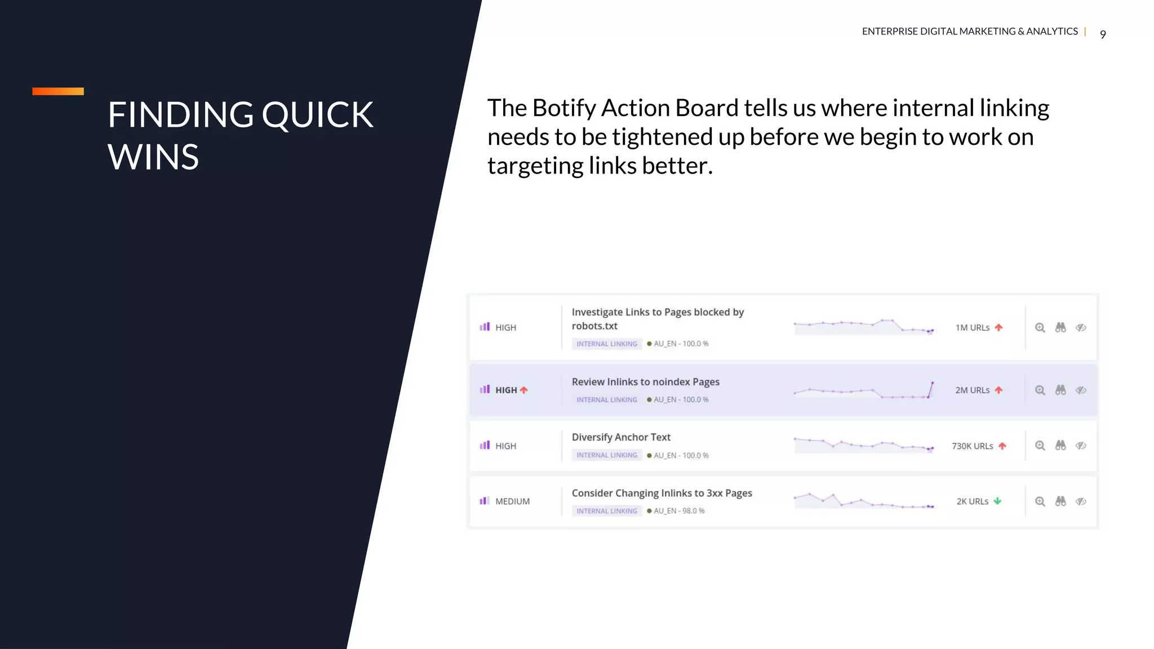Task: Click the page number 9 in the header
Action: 1103,34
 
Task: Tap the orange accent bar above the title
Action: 58,91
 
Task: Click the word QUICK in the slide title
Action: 317,115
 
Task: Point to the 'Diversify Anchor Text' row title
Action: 621,437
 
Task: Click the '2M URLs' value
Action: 972,390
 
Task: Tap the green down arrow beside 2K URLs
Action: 997,501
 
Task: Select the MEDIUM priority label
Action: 512,501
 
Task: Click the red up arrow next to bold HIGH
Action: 524,390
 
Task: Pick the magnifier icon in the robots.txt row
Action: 1040,327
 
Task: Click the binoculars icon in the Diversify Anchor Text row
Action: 1060,445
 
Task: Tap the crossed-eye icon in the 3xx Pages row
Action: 1081,501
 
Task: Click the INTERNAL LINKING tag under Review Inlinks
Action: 606,399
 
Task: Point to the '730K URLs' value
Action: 972,446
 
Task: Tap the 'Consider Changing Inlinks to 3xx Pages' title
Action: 662,493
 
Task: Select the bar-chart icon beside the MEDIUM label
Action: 484,501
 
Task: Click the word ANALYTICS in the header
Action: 1051,32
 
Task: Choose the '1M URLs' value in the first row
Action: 972,327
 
